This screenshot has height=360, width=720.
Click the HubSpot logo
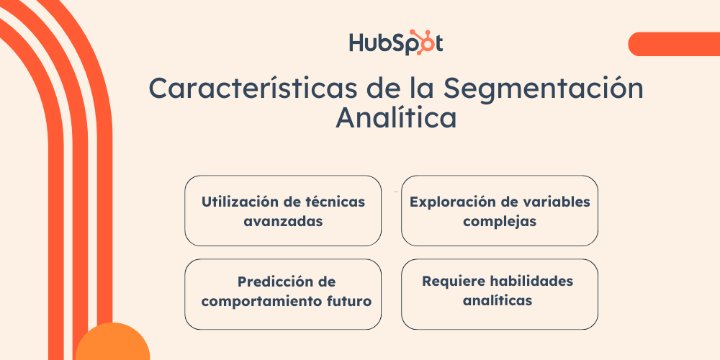coord(395,42)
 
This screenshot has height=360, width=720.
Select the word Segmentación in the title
coord(543,89)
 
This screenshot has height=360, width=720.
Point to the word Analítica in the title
coord(396,118)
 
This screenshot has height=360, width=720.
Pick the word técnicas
coord(335,202)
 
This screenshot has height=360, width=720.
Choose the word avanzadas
coord(283,221)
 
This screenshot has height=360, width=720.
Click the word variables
coord(555,202)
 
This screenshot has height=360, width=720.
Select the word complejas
coord(500,221)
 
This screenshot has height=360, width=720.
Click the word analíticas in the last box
coord(498,300)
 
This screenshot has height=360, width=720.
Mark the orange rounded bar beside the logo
coord(672,44)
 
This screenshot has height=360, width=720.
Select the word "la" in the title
coord(421,89)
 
